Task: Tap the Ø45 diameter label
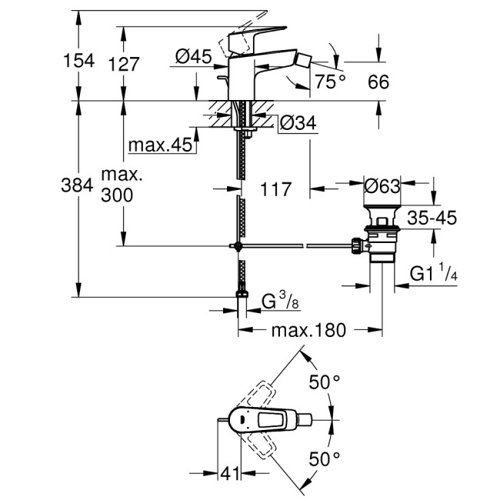click(x=193, y=56)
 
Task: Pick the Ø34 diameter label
click(x=296, y=122)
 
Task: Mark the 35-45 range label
click(x=432, y=218)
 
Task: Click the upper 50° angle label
click(x=324, y=381)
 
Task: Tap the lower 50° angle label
click(x=324, y=459)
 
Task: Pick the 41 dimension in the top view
click(x=228, y=474)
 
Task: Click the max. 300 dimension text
click(x=116, y=185)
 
